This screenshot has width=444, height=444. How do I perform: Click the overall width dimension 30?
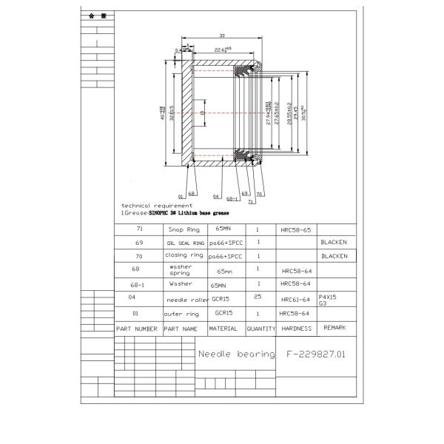pyautogui.click(x=221, y=35)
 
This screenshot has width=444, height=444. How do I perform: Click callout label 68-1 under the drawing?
pyautogui.click(x=232, y=198)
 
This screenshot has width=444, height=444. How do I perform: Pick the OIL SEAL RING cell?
pyautogui.click(x=185, y=243)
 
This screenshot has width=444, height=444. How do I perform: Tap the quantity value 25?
pyautogui.click(x=258, y=296)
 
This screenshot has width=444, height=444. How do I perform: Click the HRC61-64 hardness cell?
pyautogui.click(x=295, y=299)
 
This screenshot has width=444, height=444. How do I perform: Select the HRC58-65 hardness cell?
pyautogui.click(x=295, y=231)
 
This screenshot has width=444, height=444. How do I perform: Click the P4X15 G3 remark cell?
pyautogui.click(x=327, y=298)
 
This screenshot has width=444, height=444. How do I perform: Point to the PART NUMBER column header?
pyautogui.click(x=137, y=328)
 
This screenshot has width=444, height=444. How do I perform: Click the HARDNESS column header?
pyautogui.click(x=296, y=328)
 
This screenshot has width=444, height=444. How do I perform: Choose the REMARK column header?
pyautogui.click(x=334, y=327)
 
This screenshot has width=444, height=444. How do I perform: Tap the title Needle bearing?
pyautogui.click(x=235, y=354)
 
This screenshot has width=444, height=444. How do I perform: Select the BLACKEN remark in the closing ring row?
pyautogui.click(x=334, y=256)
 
